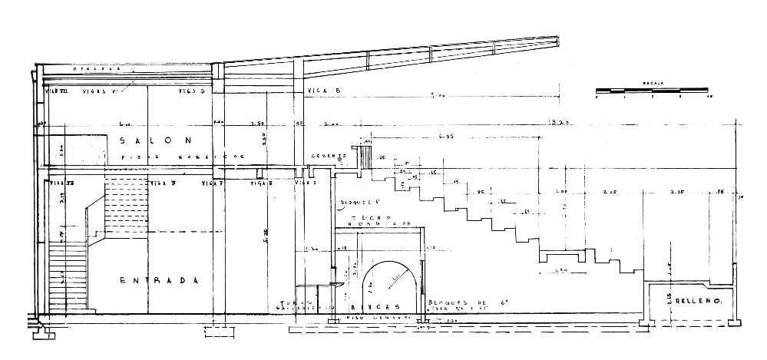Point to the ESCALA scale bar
pos(653,91)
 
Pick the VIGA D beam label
pos(192,91)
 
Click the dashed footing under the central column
pos(217,332)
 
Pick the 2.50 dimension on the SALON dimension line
pos(258,123)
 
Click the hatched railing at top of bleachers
pos(365,155)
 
